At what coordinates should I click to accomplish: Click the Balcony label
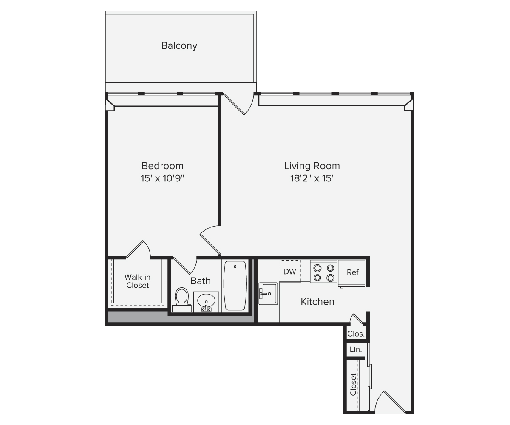[179, 45]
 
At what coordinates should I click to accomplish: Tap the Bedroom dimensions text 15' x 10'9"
[163, 178]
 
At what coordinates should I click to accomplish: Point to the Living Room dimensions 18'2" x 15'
[312, 178]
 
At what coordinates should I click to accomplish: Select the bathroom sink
[206, 301]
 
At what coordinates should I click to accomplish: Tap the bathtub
[235, 286]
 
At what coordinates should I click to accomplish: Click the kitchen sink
[268, 293]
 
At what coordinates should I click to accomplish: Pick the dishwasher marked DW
[290, 271]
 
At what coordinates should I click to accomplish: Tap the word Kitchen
[317, 302]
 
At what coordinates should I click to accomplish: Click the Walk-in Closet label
[137, 281]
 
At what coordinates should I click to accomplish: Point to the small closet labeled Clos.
[356, 334]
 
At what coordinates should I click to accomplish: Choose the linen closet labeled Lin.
[355, 350]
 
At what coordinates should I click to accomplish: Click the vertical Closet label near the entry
[354, 384]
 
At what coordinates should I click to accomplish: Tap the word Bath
[200, 281]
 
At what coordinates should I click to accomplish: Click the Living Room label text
[312, 166]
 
